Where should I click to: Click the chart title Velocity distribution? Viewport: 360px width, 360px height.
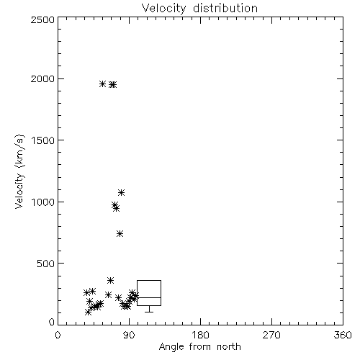coord(199,9)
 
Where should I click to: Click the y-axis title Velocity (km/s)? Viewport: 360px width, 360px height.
coord(19,171)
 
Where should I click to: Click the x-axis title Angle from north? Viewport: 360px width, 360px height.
coord(199,347)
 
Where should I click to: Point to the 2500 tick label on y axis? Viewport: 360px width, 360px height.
coord(42,19)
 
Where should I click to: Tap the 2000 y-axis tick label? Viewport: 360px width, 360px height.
coord(42,78)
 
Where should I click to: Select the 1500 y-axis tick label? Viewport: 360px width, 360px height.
coord(43,140)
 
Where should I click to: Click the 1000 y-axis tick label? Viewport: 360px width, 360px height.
coord(43,202)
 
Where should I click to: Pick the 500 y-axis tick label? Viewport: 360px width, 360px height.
coord(46,264)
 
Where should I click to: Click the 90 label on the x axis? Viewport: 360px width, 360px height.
coord(129,335)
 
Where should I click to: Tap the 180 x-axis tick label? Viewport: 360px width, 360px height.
coord(200,335)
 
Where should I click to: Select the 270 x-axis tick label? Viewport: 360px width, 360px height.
coord(271,335)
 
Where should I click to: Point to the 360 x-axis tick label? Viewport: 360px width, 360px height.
coord(343,335)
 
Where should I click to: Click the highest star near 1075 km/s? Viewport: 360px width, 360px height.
coord(122,192)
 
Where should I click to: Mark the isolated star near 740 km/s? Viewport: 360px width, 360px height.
coord(120,233)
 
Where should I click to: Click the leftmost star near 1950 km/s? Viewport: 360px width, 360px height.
coord(103,84)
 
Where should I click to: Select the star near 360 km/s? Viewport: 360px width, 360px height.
coord(110,280)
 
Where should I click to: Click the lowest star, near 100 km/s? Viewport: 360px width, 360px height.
coord(88,312)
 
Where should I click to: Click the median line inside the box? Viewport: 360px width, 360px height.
coord(149,297)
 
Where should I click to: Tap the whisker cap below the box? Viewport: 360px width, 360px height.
coord(149,312)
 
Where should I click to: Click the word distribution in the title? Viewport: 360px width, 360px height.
coord(225,9)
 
